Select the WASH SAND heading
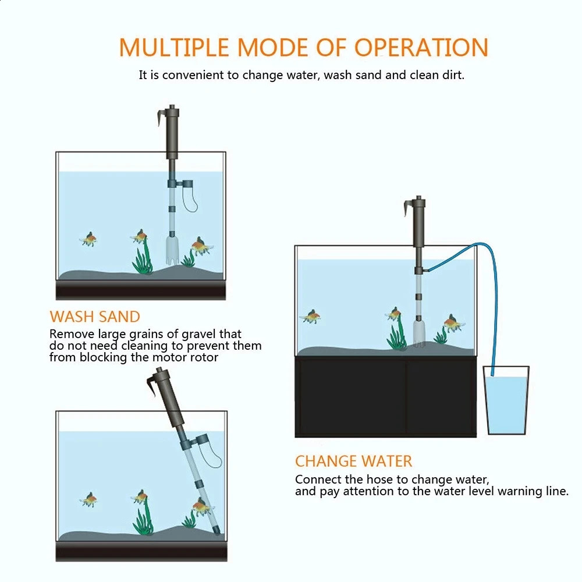pos(95,317)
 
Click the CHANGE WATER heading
pos(353,462)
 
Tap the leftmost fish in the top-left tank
pos(88,239)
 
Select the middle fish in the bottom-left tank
pos(139,497)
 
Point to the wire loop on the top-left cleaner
pos(190,201)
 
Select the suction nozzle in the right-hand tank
pos(418,334)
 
